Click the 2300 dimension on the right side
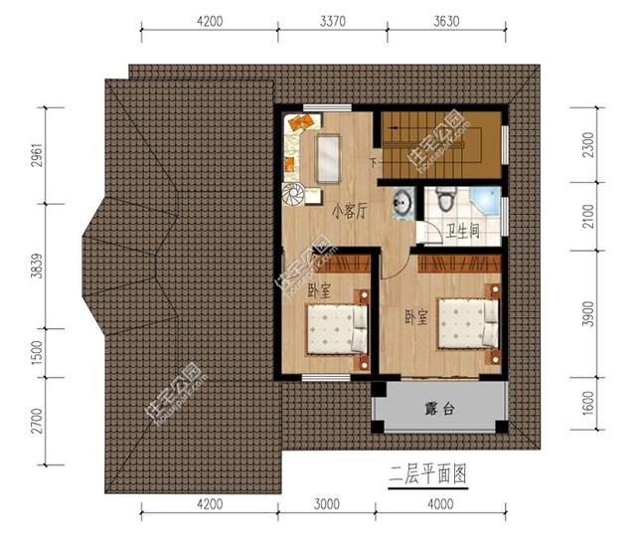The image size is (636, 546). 588,145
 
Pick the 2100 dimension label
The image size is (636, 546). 588,215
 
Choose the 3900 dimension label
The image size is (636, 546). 588,312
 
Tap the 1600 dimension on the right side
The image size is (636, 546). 588,404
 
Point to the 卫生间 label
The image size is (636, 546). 461,230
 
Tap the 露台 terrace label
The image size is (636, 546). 439,409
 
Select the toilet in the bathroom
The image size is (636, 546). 447,200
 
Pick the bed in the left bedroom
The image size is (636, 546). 333,327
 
